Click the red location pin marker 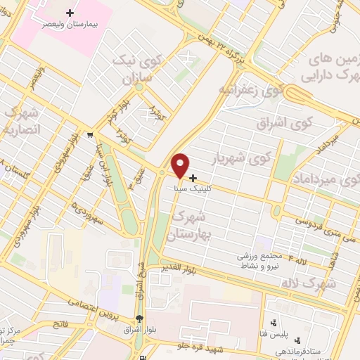coord(181,165)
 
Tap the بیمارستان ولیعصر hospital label coord(70,23)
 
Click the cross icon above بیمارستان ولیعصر coord(70,12)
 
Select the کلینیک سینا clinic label coord(191,189)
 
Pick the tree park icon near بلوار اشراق coord(141,318)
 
